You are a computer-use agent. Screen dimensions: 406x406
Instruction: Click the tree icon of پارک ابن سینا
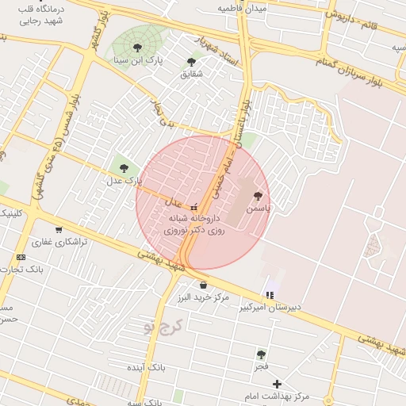tap(139, 48)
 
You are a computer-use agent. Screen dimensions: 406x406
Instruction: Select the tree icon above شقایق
tap(192, 62)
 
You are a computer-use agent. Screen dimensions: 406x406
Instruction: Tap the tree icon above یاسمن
tap(257, 195)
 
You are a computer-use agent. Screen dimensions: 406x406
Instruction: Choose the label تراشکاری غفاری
tap(58, 242)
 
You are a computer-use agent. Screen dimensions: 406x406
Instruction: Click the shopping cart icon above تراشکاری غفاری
tap(59, 230)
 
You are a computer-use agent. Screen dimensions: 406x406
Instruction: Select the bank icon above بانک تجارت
tap(21, 257)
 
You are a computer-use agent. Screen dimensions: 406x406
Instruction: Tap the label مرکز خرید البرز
tap(204, 297)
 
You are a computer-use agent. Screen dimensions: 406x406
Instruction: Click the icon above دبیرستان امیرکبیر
tap(270, 295)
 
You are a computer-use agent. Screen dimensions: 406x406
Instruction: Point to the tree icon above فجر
tap(261, 354)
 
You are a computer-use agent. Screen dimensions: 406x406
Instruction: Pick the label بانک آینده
tap(146, 368)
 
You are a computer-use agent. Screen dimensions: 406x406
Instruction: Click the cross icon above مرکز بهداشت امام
tap(276, 384)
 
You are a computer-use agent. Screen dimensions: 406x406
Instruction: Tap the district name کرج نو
tap(166, 325)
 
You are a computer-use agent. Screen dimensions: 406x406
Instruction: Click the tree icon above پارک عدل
tap(124, 167)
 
